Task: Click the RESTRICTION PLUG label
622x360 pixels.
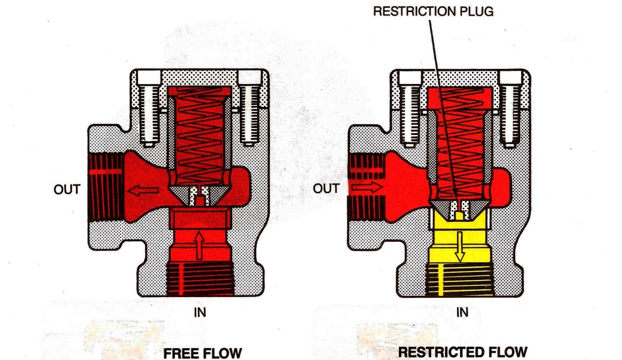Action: point(433,11)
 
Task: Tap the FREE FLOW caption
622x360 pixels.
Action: point(203,353)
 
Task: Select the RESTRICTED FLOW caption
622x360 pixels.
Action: point(463,352)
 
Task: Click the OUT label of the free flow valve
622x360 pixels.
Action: point(67,189)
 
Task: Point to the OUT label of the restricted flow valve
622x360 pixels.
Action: point(326,189)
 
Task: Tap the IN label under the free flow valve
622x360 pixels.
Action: point(200,312)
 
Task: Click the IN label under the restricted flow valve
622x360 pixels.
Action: point(462,312)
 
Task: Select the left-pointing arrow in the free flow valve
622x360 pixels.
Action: point(143,190)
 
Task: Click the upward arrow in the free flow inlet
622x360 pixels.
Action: point(199,245)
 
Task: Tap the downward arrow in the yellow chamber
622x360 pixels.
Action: point(460,247)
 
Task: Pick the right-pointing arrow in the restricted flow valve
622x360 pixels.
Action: point(367,187)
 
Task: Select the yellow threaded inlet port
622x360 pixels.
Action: point(460,280)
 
